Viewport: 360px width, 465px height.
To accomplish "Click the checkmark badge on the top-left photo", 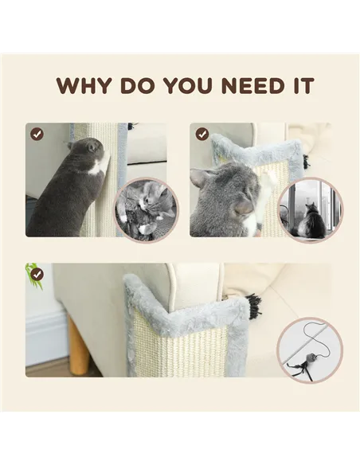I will point(37,134).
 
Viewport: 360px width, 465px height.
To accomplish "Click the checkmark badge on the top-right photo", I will point(202,134).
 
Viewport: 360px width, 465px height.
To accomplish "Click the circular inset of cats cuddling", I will point(147,211).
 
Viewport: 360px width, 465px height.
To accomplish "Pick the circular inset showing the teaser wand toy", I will point(310,350).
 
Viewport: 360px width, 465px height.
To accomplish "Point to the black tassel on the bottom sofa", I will point(254,304).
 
